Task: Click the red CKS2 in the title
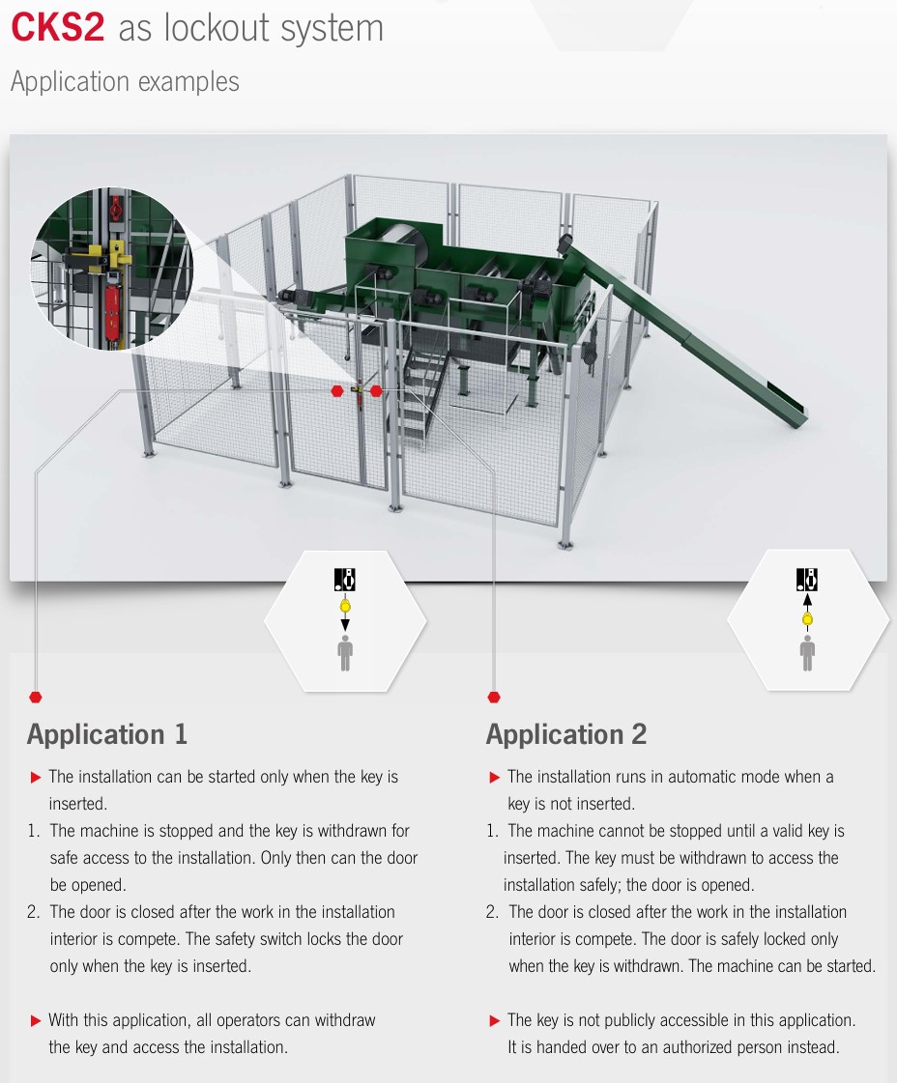57,28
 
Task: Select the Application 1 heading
107,734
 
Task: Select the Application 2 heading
566,734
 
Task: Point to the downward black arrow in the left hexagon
345,624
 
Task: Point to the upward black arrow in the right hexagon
807,600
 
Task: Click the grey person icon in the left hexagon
345,653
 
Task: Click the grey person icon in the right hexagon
807,653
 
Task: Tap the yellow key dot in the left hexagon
345,607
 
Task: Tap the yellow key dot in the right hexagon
807,619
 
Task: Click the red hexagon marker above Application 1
36,697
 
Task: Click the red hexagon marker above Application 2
493,697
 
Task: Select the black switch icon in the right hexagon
807,580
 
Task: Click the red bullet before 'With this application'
36,1021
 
